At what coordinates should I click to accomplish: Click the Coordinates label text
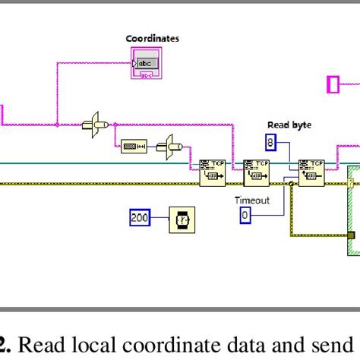coord(153,38)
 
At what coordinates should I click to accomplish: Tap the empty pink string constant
coord(332,84)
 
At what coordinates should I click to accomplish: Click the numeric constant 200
coord(140,219)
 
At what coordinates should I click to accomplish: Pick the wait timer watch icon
coord(180,219)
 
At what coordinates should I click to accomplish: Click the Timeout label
coord(251,200)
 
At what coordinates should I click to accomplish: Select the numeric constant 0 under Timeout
coord(245,216)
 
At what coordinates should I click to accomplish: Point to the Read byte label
coord(289,125)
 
